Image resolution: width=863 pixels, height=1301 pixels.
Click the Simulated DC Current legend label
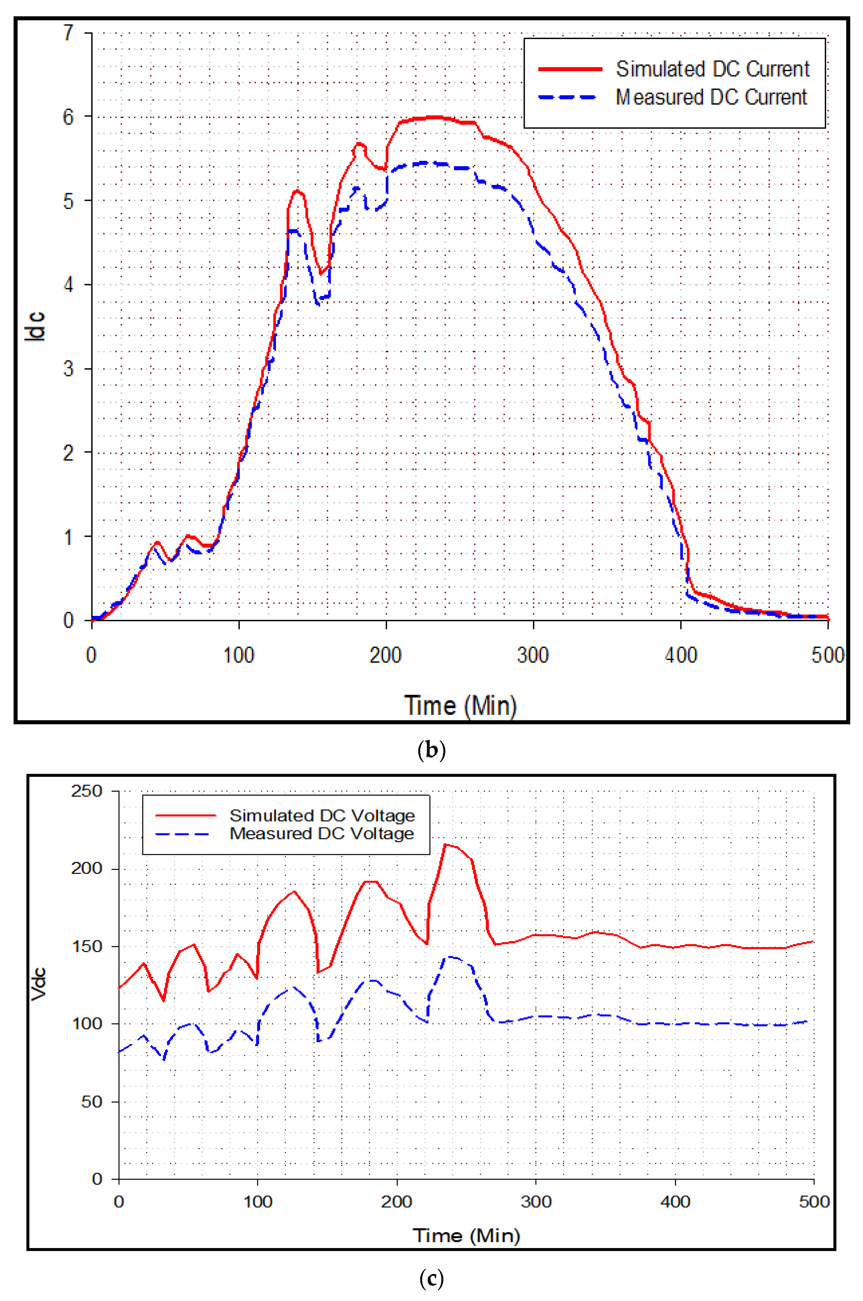(712, 69)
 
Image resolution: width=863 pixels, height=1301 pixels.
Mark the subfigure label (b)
(431, 750)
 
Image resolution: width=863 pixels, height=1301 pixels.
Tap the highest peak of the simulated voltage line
(446, 844)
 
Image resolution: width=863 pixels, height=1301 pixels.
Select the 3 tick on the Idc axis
(68, 368)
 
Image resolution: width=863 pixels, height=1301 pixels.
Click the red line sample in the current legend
(570, 69)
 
